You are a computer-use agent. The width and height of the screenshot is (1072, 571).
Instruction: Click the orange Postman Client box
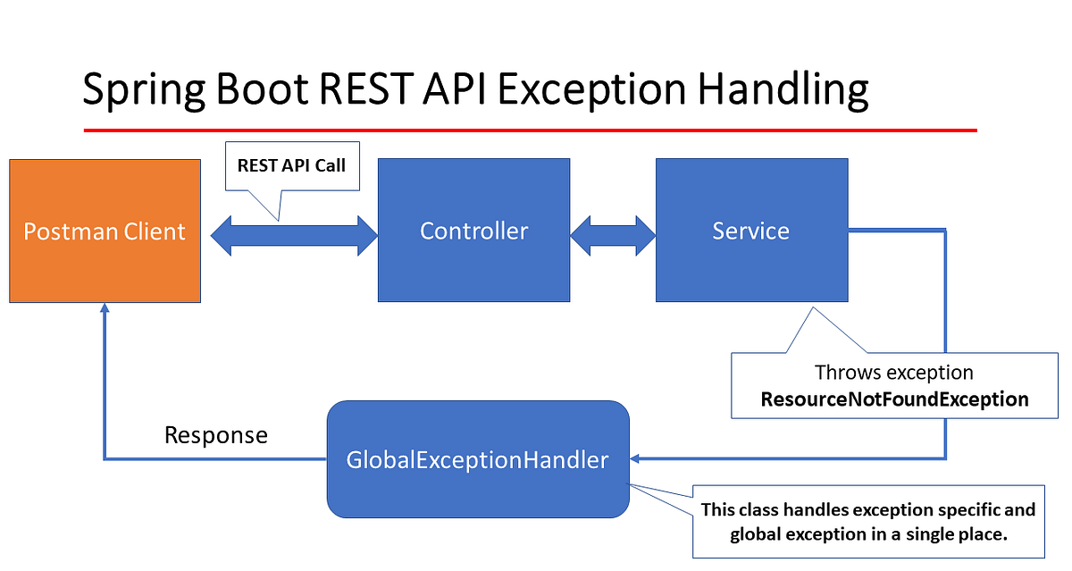tap(105, 231)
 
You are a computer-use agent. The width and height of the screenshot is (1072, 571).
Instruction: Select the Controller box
tap(473, 231)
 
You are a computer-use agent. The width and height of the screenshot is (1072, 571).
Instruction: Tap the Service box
tap(751, 231)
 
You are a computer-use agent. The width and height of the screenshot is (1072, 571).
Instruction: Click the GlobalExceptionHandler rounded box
tap(478, 459)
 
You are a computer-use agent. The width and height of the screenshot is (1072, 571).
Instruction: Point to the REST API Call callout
tap(291, 165)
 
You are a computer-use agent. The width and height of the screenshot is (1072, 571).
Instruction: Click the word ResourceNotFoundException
tap(894, 399)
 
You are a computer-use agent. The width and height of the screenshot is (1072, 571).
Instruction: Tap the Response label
tap(215, 435)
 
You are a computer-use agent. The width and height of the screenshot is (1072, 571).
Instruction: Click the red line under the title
tap(530, 130)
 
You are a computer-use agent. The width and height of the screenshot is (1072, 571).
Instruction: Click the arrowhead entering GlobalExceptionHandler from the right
tap(636, 458)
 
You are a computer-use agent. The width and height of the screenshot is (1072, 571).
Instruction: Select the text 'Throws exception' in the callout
tap(894, 372)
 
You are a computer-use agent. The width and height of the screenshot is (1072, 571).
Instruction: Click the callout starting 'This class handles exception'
tap(868, 522)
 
